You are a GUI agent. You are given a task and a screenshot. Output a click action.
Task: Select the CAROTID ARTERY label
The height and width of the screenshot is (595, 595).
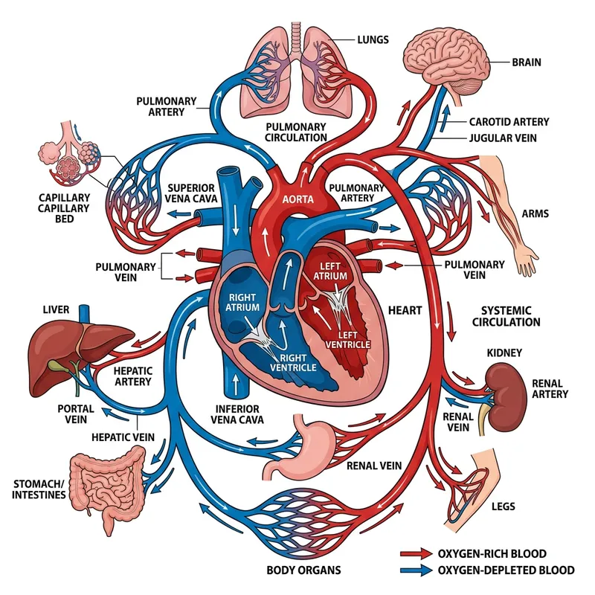pos(509,121)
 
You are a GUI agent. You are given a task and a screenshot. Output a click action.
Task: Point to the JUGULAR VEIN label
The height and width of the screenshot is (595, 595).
pos(507,138)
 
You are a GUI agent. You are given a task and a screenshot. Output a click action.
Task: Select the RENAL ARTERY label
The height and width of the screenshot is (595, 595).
pos(550,388)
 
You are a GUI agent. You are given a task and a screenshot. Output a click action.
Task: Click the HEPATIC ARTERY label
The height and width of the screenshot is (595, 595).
pos(133,376)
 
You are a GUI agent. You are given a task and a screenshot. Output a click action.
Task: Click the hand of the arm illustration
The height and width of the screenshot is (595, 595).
pos(527,263)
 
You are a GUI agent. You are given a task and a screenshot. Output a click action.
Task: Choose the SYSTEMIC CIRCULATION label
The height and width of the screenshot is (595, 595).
pos(510,316)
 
